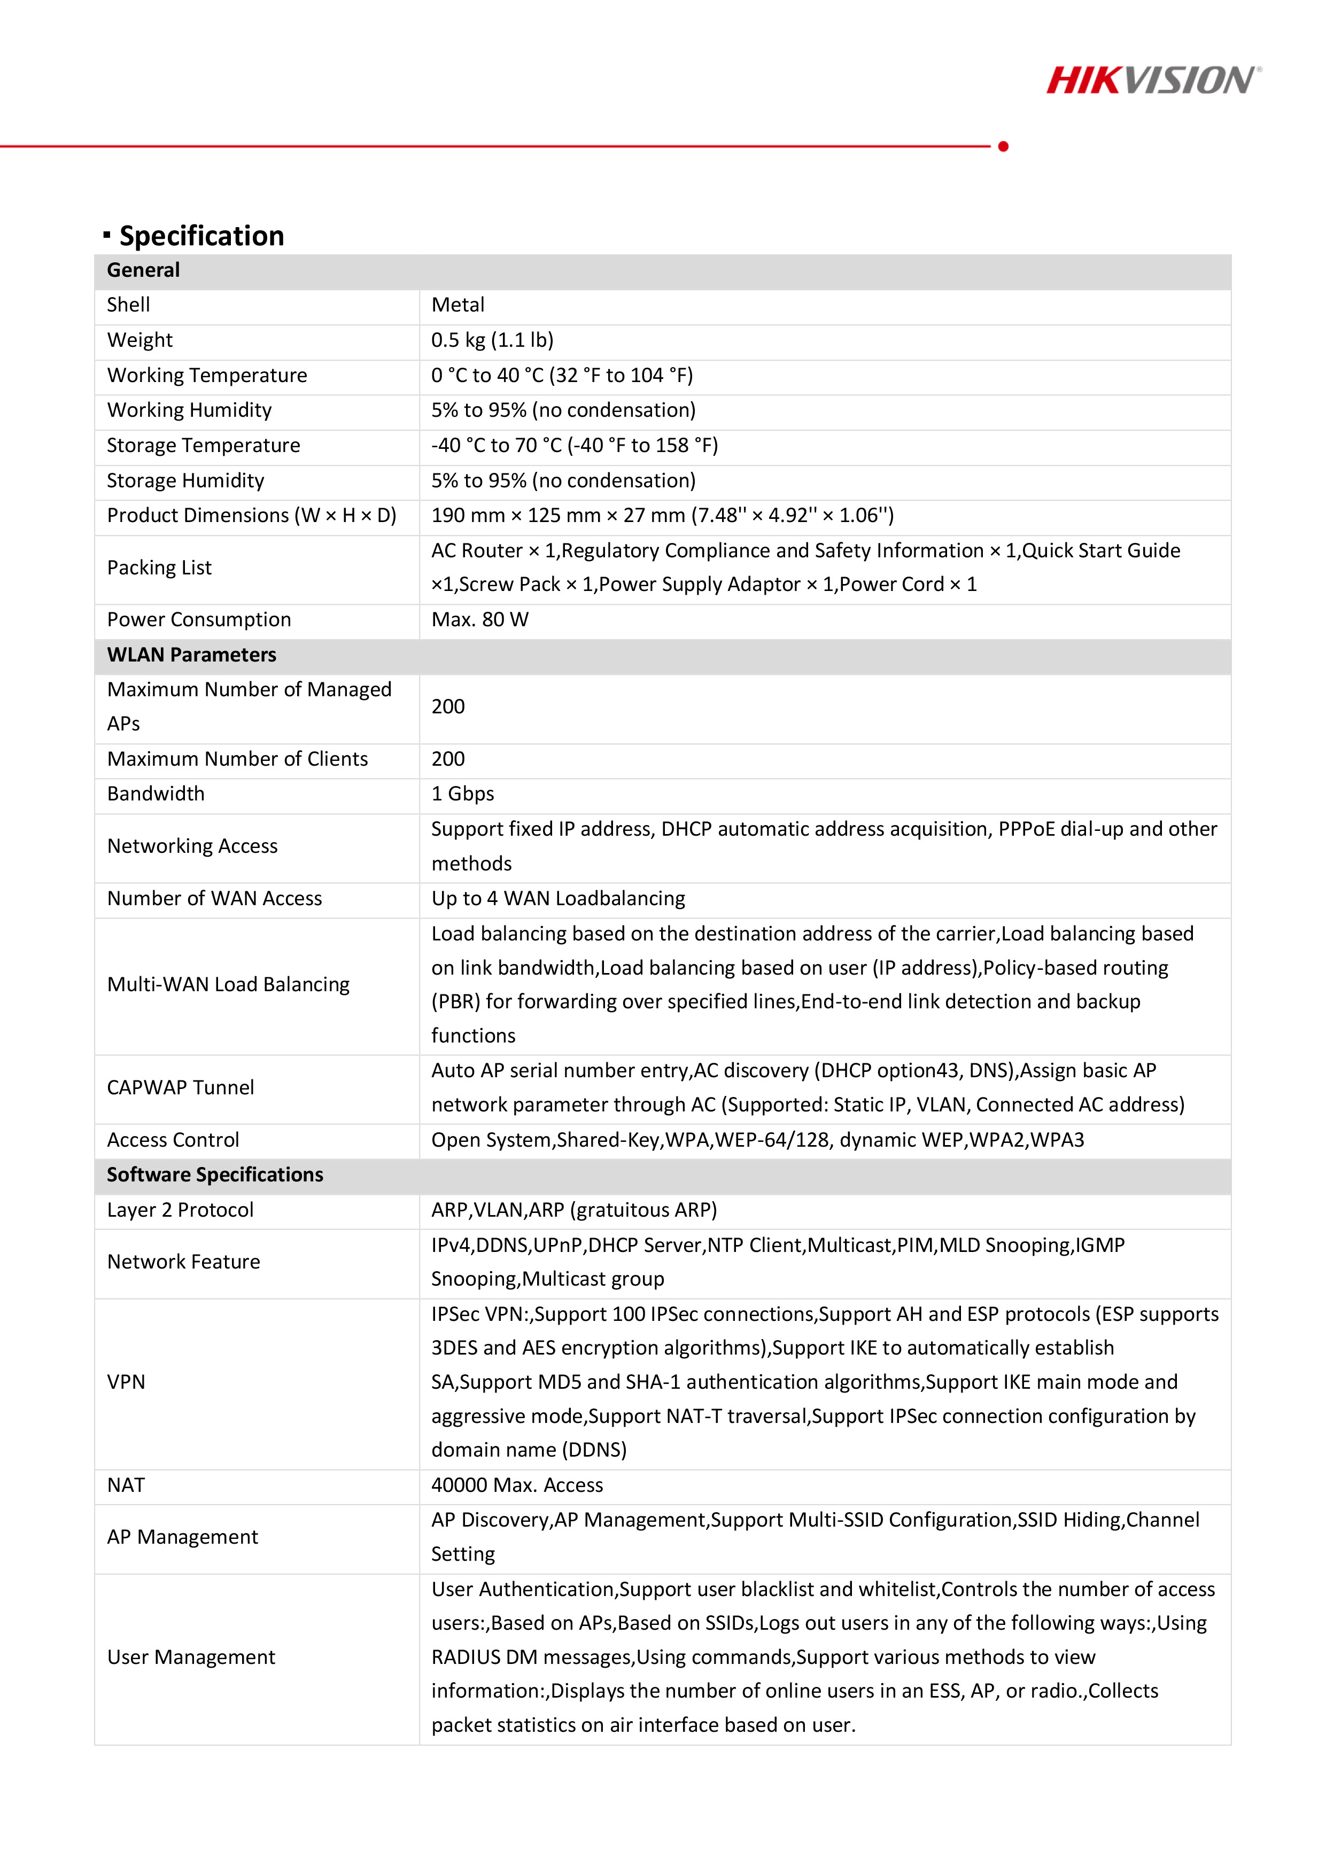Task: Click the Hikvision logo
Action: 1153,80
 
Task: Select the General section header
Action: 144,270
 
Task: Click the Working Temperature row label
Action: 207,376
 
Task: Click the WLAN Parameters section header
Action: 191,655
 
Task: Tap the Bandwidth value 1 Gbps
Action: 462,794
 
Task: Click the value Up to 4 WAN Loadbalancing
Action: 558,899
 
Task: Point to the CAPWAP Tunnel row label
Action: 181,1088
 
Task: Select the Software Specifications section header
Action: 215,1175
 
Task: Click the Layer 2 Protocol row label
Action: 181,1210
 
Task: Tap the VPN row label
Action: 127,1382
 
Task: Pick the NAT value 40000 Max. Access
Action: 517,1485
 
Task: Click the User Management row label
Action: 191,1657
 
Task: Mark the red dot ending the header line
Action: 1003,146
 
